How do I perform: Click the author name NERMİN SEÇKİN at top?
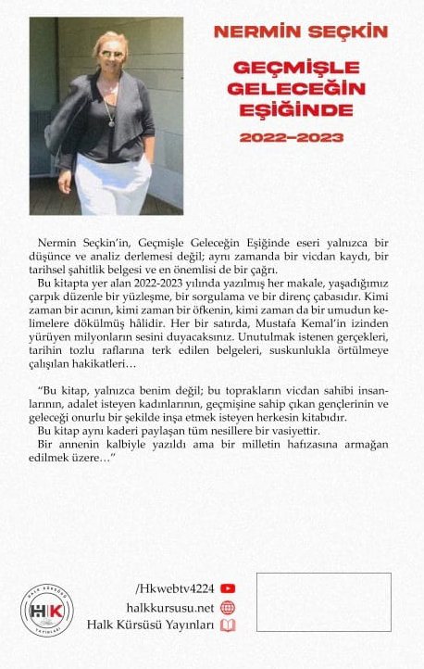coord(300,32)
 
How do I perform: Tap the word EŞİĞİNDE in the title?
coord(291,110)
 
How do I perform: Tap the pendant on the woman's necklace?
coord(111,121)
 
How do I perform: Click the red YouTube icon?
coord(228,587)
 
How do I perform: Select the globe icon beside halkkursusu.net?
coord(228,607)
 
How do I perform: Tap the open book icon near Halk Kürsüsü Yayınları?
coord(228,625)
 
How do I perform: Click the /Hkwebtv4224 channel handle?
coord(175,587)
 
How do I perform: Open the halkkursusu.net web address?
coord(170,607)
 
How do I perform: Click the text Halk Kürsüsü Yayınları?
coord(150,625)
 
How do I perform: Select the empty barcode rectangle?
coord(323,602)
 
